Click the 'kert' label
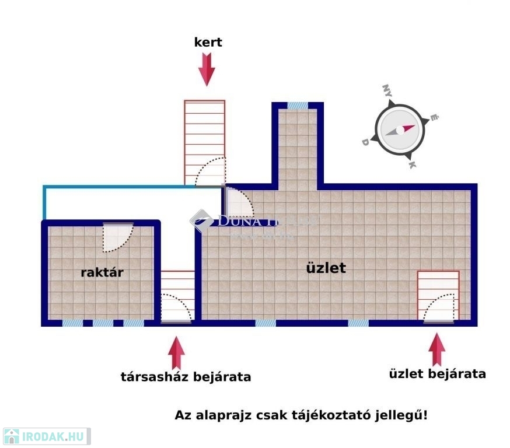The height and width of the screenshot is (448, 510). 208,43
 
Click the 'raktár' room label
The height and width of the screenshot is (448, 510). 102,272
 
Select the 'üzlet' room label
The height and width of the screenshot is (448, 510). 326,268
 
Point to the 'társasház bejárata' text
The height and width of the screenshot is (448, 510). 186,377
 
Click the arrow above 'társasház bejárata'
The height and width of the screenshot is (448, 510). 176,353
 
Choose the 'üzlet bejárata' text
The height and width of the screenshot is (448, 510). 437,374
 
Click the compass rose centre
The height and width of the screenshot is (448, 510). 400,130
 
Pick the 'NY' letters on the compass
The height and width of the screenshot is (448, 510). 387,90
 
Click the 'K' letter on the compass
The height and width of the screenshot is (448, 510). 413,165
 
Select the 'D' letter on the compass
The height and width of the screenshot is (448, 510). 365,142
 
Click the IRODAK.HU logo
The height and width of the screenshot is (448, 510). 46,436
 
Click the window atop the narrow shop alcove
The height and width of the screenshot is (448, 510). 298,106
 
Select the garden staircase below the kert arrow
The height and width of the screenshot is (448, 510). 204,140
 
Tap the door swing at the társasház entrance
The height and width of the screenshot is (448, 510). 175,307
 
